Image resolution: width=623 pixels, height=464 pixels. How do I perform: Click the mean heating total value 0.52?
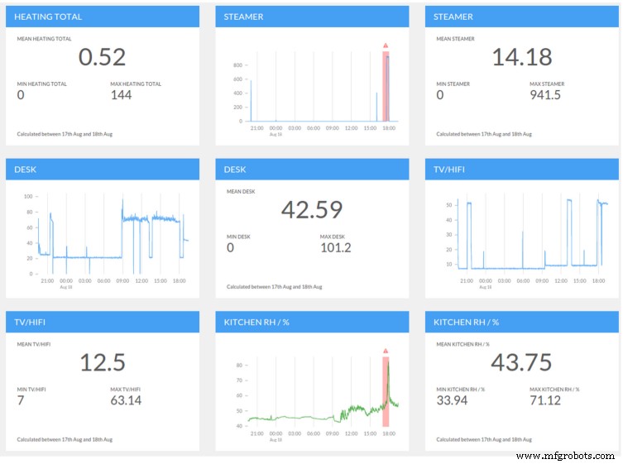coord(102,56)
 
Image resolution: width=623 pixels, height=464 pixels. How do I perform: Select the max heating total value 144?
coord(122,95)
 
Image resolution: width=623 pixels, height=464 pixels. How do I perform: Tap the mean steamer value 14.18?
coord(521,56)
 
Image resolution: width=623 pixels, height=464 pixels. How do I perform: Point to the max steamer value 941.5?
coord(545,95)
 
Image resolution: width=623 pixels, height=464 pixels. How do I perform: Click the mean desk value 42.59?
coord(312,209)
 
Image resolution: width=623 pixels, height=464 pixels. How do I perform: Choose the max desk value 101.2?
coord(335,248)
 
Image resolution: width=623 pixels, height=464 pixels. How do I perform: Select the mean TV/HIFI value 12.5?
coord(102,361)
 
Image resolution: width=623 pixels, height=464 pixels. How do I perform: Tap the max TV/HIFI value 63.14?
coord(126,400)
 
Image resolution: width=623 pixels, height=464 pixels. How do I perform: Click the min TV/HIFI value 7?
coord(21,400)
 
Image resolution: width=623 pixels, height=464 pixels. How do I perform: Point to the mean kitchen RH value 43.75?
coord(521,361)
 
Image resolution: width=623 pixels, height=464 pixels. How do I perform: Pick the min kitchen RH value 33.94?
coord(453,400)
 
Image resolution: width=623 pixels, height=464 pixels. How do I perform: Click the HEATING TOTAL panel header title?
coord(48,17)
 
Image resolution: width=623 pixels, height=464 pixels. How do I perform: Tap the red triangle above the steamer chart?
coord(386,45)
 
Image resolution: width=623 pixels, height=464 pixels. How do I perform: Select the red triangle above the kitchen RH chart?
coord(386,351)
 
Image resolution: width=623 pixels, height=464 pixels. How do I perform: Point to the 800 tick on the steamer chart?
coord(237,65)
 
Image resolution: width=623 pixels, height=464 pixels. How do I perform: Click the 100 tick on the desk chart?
coord(27,196)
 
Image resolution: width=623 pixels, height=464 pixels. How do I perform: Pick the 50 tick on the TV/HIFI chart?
coord(448,203)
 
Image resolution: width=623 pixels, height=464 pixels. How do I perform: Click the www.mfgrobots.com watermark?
coord(565,456)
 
